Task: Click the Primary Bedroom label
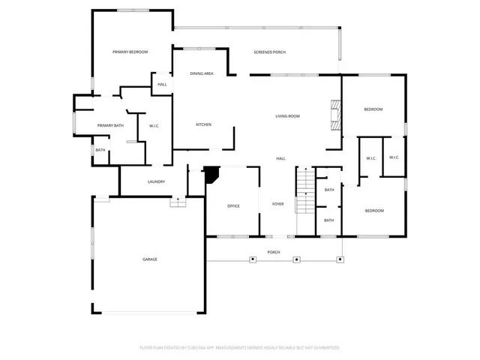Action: click(x=130, y=52)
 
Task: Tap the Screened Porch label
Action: click(x=269, y=52)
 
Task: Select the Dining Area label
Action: click(x=202, y=73)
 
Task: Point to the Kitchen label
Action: click(x=203, y=124)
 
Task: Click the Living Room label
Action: click(x=287, y=115)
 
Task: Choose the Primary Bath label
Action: click(x=110, y=124)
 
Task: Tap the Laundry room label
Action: click(x=156, y=181)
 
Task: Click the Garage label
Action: click(x=150, y=259)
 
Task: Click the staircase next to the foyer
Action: click(x=304, y=191)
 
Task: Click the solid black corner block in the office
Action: click(x=211, y=174)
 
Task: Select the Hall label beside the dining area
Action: click(x=162, y=84)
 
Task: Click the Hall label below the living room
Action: click(x=280, y=158)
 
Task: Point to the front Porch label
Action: click(x=274, y=252)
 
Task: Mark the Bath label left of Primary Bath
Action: click(x=100, y=151)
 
